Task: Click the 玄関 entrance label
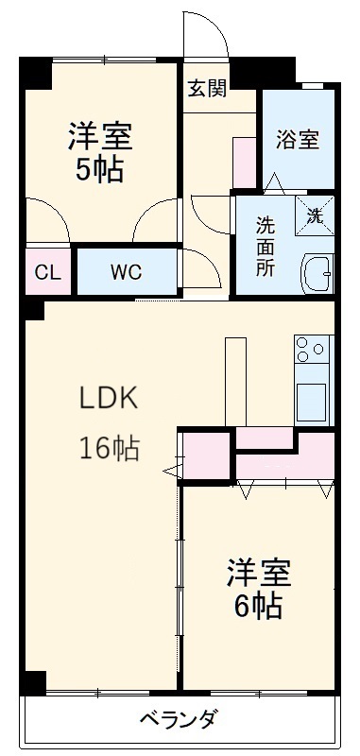coord(206,90)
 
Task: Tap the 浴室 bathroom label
coord(297,140)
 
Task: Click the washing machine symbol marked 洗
coord(315,214)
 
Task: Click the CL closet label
coord(47,273)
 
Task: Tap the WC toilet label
coord(126,273)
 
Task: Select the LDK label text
coord(108,398)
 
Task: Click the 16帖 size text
coord(108,448)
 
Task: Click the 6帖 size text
coord(257,604)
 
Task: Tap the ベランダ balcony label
coord(179,720)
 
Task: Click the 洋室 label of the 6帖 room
coord(257,573)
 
